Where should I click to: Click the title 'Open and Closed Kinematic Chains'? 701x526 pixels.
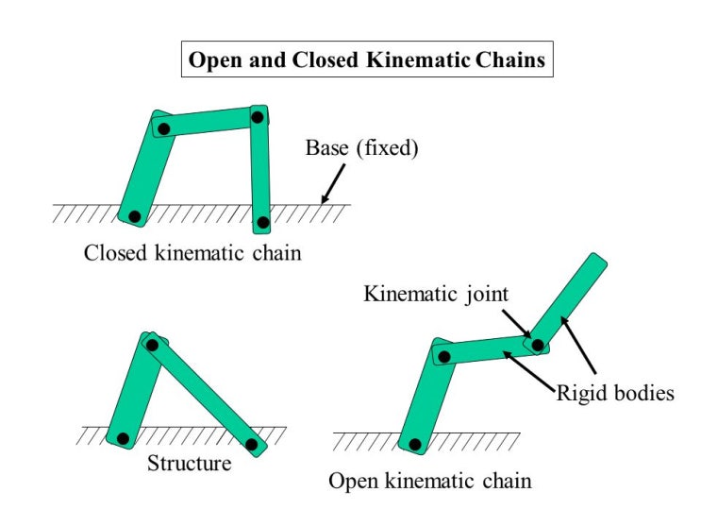tap(367, 60)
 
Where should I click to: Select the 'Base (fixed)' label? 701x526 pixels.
tap(361, 148)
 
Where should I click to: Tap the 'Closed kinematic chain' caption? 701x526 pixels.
tap(192, 253)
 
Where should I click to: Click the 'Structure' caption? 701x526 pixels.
tap(189, 464)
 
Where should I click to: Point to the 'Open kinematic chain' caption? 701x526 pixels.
tap(429, 481)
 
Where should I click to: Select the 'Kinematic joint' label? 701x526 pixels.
tap(436, 294)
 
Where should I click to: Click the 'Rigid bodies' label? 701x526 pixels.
tap(614, 392)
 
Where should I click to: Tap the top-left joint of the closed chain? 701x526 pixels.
tap(164, 128)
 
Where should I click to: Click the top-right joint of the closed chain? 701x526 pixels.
tap(257, 117)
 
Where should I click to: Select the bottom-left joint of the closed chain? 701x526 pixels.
tap(135, 217)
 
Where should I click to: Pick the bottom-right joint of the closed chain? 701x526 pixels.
tap(263, 223)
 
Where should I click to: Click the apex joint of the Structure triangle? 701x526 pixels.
tap(152, 345)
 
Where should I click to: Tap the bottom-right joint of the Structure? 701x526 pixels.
tap(251, 443)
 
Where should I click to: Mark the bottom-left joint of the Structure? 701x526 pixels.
tap(122, 438)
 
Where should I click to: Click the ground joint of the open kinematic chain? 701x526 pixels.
tap(414, 443)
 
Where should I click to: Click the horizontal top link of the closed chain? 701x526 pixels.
tap(210, 123)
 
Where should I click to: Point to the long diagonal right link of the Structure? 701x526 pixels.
tap(203, 395)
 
